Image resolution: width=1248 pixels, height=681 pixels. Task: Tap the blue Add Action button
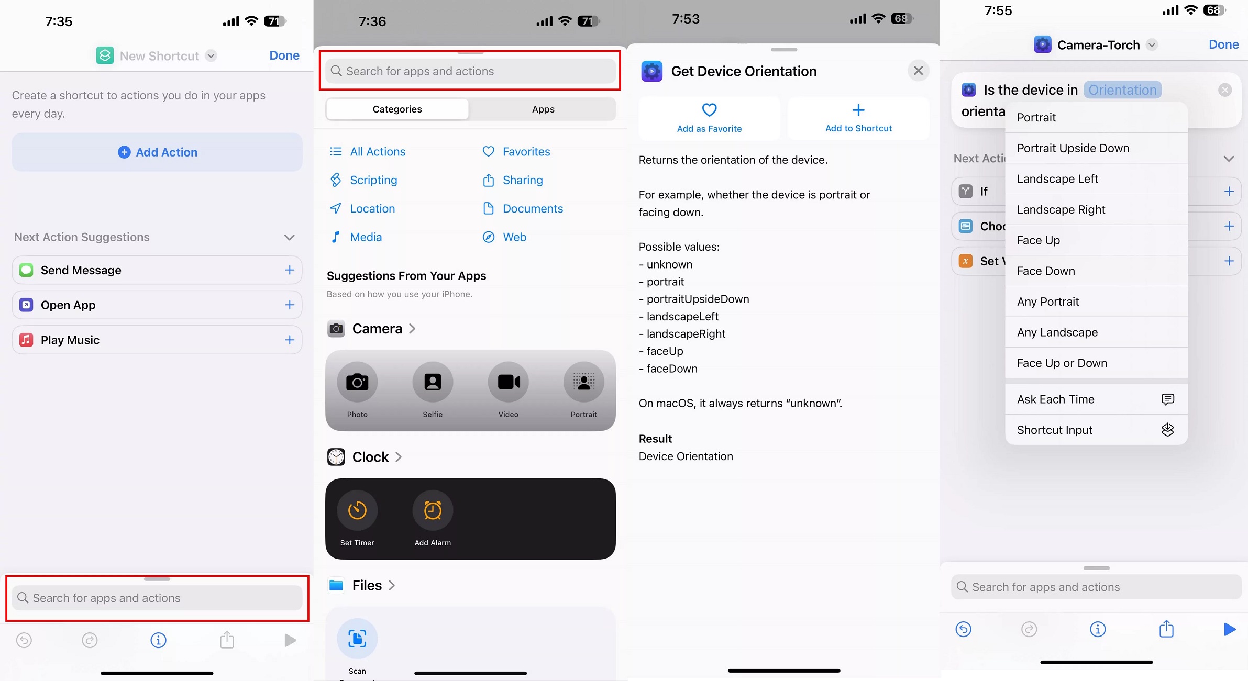tap(157, 152)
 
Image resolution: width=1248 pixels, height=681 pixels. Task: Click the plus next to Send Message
tap(290, 270)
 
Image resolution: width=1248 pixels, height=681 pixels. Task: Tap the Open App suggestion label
tap(68, 305)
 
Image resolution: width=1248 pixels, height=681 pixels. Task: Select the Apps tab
tap(543, 109)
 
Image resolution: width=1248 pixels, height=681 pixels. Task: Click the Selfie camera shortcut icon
tap(433, 382)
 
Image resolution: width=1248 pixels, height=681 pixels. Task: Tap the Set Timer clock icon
tap(357, 510)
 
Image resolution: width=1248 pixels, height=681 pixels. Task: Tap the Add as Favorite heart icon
tap(709, 110)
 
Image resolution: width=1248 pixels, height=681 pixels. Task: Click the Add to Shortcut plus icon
tap(858, 110)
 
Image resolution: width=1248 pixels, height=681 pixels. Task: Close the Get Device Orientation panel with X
tap(918, 71)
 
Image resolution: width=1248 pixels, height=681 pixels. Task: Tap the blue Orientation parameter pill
tap(1122, 90)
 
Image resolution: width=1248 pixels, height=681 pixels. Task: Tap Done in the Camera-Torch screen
tap(1223, 44)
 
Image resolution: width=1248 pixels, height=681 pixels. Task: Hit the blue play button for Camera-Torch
tap(1230, 629)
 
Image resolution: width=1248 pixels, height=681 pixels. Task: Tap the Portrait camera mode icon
tap(583, 382)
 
